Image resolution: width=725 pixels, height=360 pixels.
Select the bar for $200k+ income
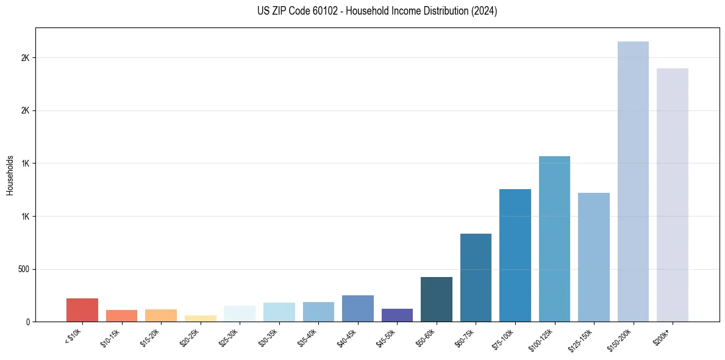tap(672, 195)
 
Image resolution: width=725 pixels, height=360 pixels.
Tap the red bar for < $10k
tap(82, 310)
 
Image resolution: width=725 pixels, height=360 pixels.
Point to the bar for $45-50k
tap(397, 315)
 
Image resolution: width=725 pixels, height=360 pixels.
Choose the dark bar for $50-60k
tap(437, 299)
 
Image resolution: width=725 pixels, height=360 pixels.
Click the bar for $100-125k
tap(554, 239)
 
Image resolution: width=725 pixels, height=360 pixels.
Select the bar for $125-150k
tap(594, 257)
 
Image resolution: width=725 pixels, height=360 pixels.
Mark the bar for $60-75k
tap(476, 278)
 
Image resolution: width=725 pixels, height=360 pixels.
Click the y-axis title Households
tap(10, 175)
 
